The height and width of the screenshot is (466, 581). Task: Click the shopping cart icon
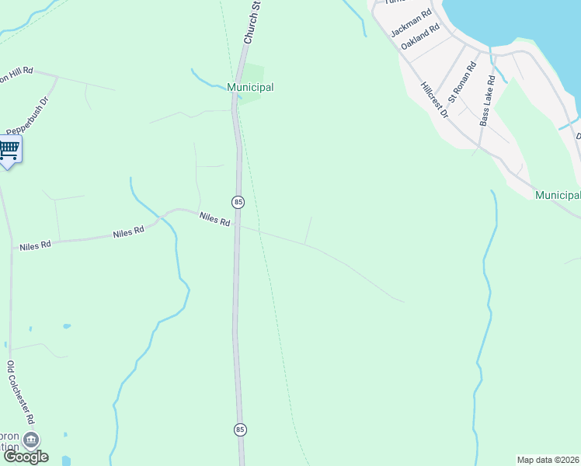[x=9, y=149]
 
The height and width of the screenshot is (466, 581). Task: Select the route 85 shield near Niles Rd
[x=238, y=202]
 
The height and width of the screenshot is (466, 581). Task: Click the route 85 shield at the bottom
[x=241, y=429]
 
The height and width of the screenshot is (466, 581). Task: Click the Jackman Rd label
[x=411, y=23]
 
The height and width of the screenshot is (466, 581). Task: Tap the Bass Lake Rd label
[x=487, y=101]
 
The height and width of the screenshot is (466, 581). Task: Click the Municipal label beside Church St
[x=250, y=87]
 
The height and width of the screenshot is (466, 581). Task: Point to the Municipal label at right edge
[x=558, y=195]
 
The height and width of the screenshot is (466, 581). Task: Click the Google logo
[x=26, y=457]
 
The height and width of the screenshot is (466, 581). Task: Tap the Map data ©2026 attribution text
[x=548, y=460]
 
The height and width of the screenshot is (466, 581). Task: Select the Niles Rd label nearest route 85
[x=214, y=220]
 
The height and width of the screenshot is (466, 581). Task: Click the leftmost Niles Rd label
[x=35, y=245]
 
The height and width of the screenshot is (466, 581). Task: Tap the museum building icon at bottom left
[x=31, y=440]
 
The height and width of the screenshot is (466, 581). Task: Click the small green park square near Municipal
[x=256, y=73]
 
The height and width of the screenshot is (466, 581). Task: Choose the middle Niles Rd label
[x=128, y=232]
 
